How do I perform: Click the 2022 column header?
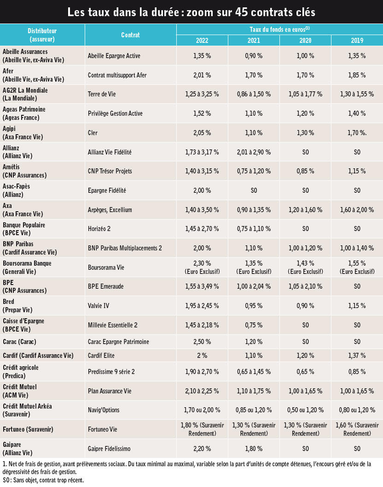click(202, 41)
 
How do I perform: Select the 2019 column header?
click(357, 41)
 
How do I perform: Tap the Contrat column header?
click(130, 35)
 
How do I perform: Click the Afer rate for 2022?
click(202, 75)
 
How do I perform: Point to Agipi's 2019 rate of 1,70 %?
click(357, 133)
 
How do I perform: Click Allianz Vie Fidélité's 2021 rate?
click(254, 152)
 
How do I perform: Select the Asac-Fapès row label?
click(17, 190)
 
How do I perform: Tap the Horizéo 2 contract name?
click(99, 229)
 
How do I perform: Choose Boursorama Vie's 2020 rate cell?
click(306, 267)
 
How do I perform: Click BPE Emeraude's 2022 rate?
click(202, 286)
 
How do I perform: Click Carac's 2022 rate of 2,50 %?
click(202, 342)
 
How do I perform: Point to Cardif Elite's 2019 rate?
click(357, 356)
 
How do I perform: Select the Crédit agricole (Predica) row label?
click(21, 372)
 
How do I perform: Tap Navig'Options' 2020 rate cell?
click(306, 410)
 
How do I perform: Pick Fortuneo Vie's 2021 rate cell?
click(254, 429)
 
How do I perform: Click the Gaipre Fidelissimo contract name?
click(109, 448)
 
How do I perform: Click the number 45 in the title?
click(242, 12)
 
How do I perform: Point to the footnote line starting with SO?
click(43, 480)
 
